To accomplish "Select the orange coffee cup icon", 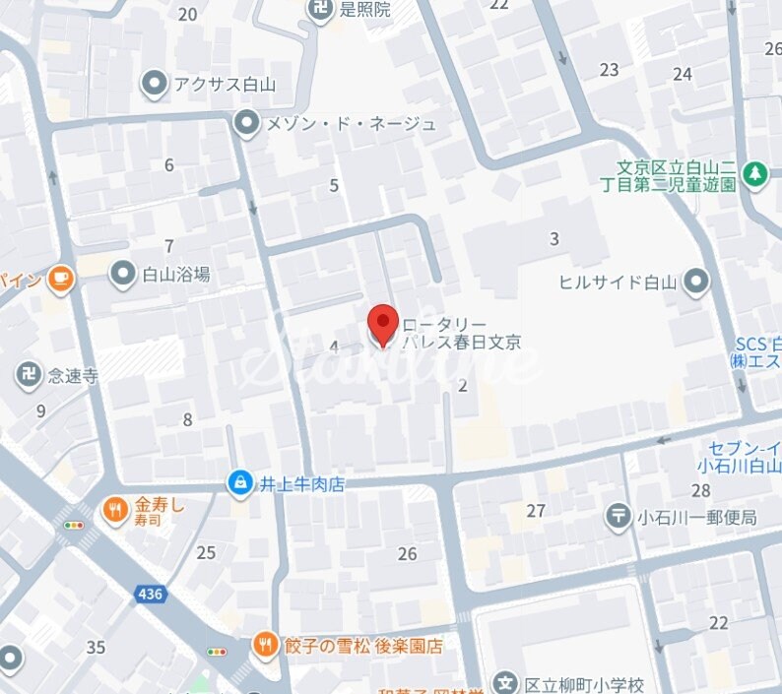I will click(x=61, y=280).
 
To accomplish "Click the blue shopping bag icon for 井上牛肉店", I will click(x=239, y=482).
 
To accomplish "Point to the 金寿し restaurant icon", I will click(x=116, y=510).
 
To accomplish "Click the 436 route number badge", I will click(x=150, y=594).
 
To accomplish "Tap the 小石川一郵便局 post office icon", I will click(x=619, y=514).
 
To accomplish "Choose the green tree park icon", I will click(x=755, y=174).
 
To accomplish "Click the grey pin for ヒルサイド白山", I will click(x=696, y=283).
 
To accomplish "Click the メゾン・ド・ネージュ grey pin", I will click(x=246, y=124).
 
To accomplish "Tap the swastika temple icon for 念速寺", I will click(x=28, y=374).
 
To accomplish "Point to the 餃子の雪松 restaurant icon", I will click(x=264, y=646).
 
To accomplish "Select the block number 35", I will click(x=96, y=647).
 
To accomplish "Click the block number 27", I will click(x=536, y=510).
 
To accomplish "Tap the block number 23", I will click(x=610, y=69).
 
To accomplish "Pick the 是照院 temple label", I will click(x=364, y=10).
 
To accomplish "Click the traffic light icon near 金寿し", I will click(x=74, y=526).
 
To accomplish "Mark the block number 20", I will click(x=187, y=14).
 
